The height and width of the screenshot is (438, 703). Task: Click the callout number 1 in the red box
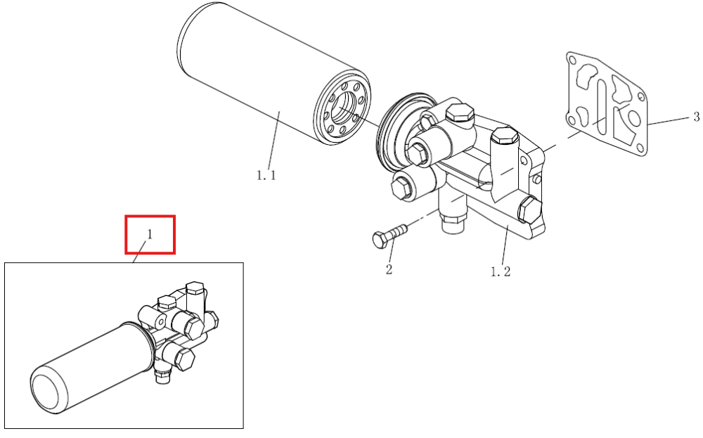point(150,234)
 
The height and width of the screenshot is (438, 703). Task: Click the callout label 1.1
point(266,175)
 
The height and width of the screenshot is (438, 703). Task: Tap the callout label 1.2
point(501,271)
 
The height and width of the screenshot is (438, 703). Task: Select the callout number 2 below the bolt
point(389,269)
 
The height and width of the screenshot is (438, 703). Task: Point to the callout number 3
point(696,117)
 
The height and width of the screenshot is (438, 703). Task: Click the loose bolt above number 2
point(390,236)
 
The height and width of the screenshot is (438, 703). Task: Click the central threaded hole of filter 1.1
point(347,108)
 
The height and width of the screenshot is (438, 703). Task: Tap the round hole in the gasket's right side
point(634,119)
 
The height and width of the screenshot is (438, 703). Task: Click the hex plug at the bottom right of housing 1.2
point(529,210)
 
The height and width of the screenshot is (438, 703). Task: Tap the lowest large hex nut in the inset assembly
point(185,358)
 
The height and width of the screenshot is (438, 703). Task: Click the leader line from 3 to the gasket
point(669,121)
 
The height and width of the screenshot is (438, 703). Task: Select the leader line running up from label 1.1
point(274,139)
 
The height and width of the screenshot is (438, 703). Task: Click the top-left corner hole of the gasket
point(572,60)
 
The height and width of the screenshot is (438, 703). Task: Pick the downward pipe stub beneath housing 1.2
point(452,211)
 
